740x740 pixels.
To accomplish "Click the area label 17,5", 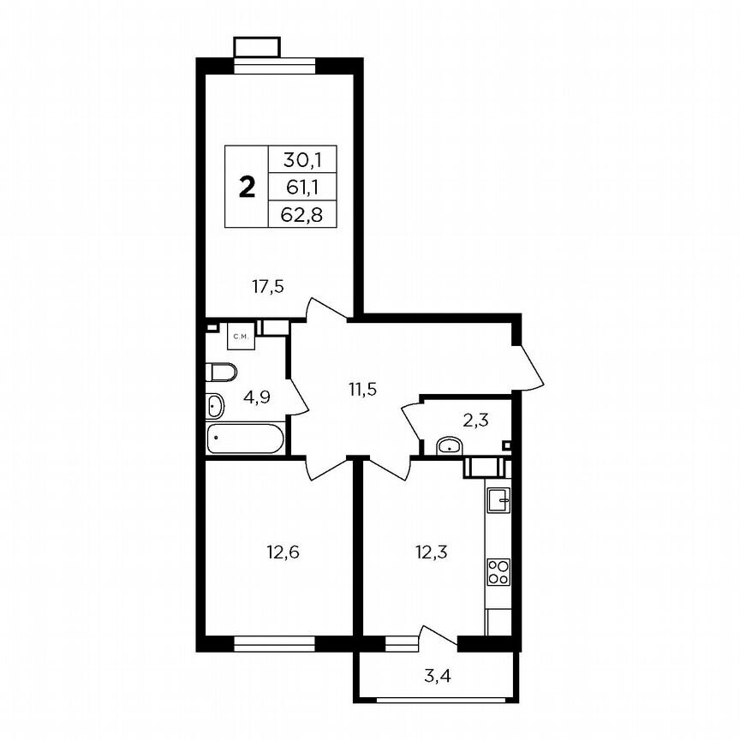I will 267,287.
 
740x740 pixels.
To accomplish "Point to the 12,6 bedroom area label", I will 283,550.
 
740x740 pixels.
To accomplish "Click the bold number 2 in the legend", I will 248,188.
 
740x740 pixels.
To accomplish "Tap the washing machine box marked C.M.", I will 241,337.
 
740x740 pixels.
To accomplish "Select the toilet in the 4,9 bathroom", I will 221,372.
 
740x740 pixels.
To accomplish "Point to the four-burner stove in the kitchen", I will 498,570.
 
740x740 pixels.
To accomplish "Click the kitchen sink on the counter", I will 498,497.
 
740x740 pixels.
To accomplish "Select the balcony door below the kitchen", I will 436,641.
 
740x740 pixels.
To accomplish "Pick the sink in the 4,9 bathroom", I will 215,404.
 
